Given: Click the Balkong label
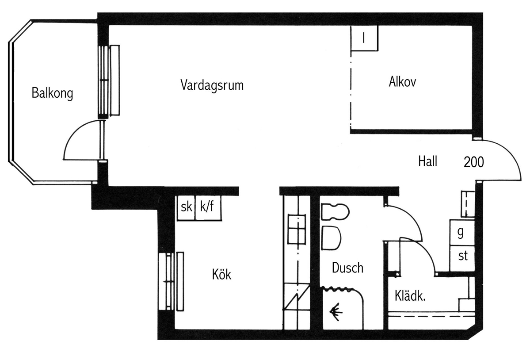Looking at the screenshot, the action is (x=52, y=93).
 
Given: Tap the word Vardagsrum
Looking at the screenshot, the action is (x=212, y=85).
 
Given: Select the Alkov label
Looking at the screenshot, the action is (x=402, y=82).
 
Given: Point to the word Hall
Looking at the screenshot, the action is (x=427, y=161).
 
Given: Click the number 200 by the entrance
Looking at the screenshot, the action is (x=473, y=162).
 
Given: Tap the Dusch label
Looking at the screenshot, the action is (x=347, y=268).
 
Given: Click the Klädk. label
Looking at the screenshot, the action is (x=410, y=296).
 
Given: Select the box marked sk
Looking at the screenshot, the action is (x=186, y=208).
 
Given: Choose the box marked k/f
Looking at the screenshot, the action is (x=208, y=208).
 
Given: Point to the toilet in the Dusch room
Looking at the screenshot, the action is (x=335, y=212).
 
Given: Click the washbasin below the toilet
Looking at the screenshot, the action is (x=331, y=238).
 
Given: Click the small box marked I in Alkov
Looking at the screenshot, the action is (x=364, y=38).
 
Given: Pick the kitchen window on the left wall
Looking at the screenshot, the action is (x=171, y=281).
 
